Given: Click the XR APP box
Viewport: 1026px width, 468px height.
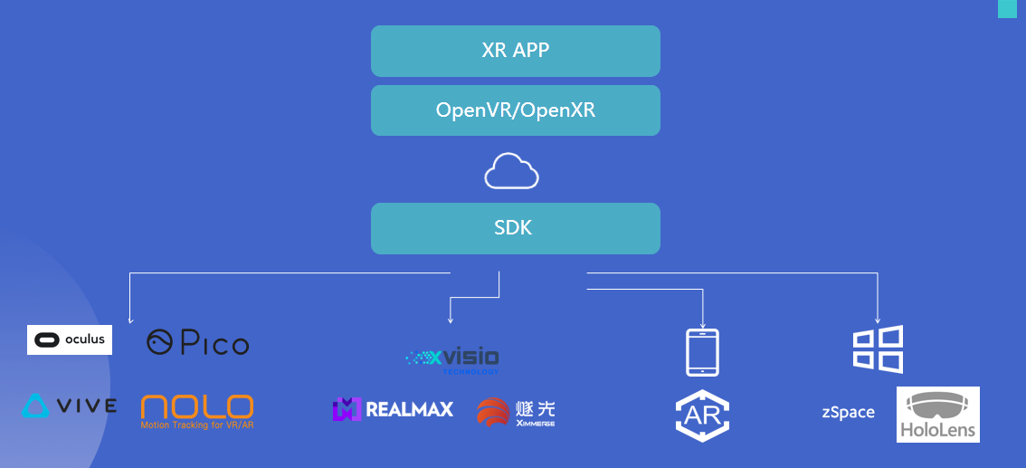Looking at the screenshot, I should point(515,51).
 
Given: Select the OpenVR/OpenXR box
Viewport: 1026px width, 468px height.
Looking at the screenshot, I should point(515,110).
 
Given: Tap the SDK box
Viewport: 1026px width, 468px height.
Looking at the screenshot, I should point(515,228).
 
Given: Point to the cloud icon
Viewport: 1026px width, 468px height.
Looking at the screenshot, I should point(511,171).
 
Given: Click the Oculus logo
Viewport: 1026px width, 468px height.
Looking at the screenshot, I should point(70,339).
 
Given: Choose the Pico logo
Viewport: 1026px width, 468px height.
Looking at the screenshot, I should point(197,342).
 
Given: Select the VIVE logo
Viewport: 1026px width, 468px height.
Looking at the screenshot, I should point(70,406).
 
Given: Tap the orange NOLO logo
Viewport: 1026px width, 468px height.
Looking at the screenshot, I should point(197,411).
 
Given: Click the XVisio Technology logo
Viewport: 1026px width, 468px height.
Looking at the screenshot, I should point(451,359).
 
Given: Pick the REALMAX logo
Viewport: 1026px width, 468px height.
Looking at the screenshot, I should point(393,409).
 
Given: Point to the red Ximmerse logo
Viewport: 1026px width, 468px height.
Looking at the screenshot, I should point(516,412).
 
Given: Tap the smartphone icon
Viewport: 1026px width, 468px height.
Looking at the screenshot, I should point(703,352).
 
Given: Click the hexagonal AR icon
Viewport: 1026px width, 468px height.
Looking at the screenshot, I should point(703,415).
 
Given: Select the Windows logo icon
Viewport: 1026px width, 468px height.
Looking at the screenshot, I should point(878,349).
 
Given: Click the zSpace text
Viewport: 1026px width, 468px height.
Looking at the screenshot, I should point(848,413).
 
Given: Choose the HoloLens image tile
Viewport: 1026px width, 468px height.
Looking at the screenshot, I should point(937,415).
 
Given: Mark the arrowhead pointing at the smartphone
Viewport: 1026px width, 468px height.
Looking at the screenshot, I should point(703,323).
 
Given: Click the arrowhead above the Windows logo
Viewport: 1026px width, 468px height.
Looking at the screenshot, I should point(878,320).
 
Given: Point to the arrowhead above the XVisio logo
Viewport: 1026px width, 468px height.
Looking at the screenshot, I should point(451,320).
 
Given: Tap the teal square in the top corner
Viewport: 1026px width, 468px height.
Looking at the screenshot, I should point(1008,9).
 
